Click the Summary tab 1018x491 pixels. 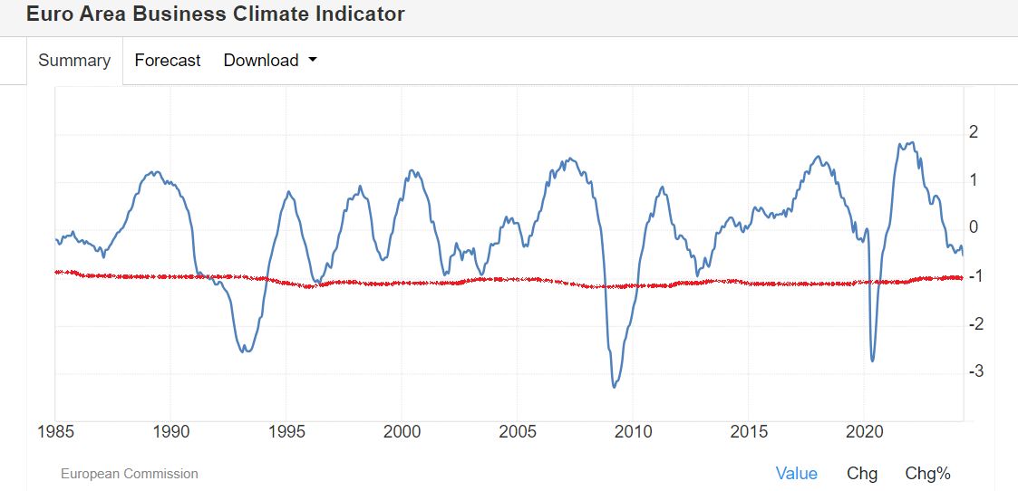tap(74, 61)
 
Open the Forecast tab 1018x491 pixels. tap(168, 61)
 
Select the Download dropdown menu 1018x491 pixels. tap(270, 61)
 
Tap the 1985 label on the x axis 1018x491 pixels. tap(55, 431)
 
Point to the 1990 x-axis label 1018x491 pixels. tap(171, 431)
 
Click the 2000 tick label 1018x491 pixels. tap(402, 431)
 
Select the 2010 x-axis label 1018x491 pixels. tap(633, 431)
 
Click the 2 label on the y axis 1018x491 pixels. tap(974, 132)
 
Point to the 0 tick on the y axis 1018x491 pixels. tap(974, 227)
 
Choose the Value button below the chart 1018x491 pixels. tap(796, 473)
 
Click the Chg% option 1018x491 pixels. tap(927, 473)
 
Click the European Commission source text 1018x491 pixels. tap(129, 474)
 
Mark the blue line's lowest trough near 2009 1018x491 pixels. tap(615, 387)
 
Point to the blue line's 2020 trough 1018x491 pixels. tap(872, 361)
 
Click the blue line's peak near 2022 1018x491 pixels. tap(909, 143)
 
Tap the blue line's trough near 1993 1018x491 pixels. tap(245, 351)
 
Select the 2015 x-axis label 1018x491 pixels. tap(749, 431)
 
